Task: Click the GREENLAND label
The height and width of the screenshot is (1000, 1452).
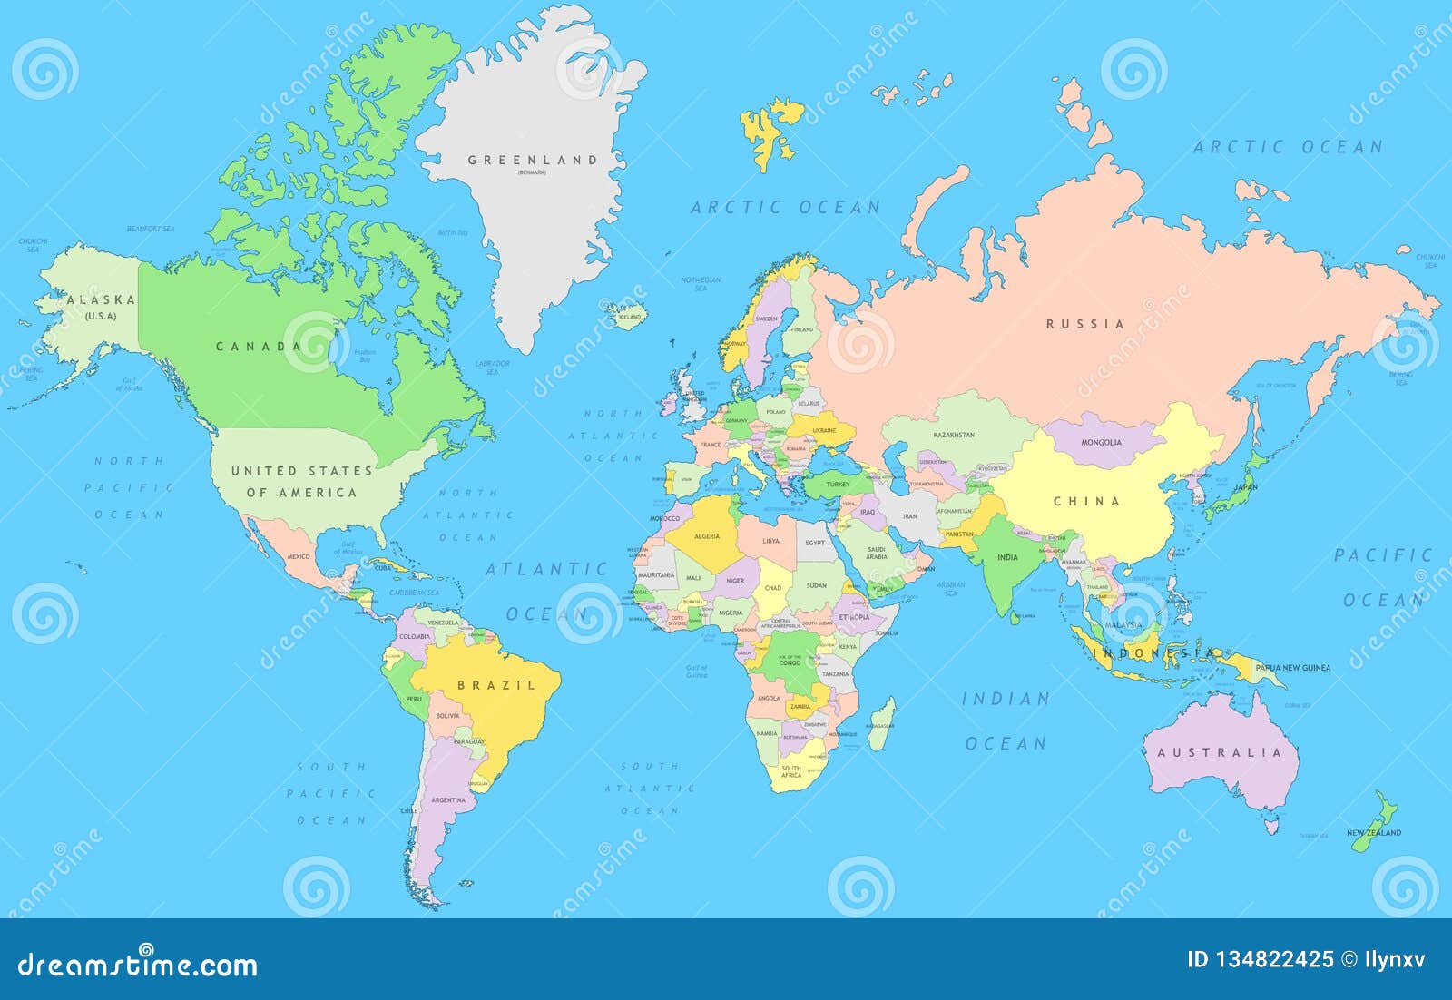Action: [533, 161]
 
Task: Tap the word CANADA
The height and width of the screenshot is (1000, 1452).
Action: [258, 346]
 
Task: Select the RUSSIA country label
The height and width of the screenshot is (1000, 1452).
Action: [1084, 324]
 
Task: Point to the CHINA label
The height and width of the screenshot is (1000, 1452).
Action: [1086, 501]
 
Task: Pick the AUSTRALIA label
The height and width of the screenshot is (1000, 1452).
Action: [1220, 752]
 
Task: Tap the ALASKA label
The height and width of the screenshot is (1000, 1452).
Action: [101, 299]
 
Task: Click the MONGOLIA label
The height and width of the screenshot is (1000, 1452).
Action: [1101, 443]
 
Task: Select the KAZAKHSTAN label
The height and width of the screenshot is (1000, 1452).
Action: [954, 435]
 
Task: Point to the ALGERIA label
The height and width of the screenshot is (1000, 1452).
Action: [706, 536]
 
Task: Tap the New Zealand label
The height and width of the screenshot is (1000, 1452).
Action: [1373, 832]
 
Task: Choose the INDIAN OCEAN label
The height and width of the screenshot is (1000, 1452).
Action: [1006, 721]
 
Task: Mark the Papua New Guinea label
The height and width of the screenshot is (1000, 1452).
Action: [1292, 668]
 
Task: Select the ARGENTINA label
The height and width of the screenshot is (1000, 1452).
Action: [448, 800]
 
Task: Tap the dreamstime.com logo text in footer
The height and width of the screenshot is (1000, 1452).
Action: [137, 964]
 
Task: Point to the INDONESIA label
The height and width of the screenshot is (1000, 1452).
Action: [1153, 652]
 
